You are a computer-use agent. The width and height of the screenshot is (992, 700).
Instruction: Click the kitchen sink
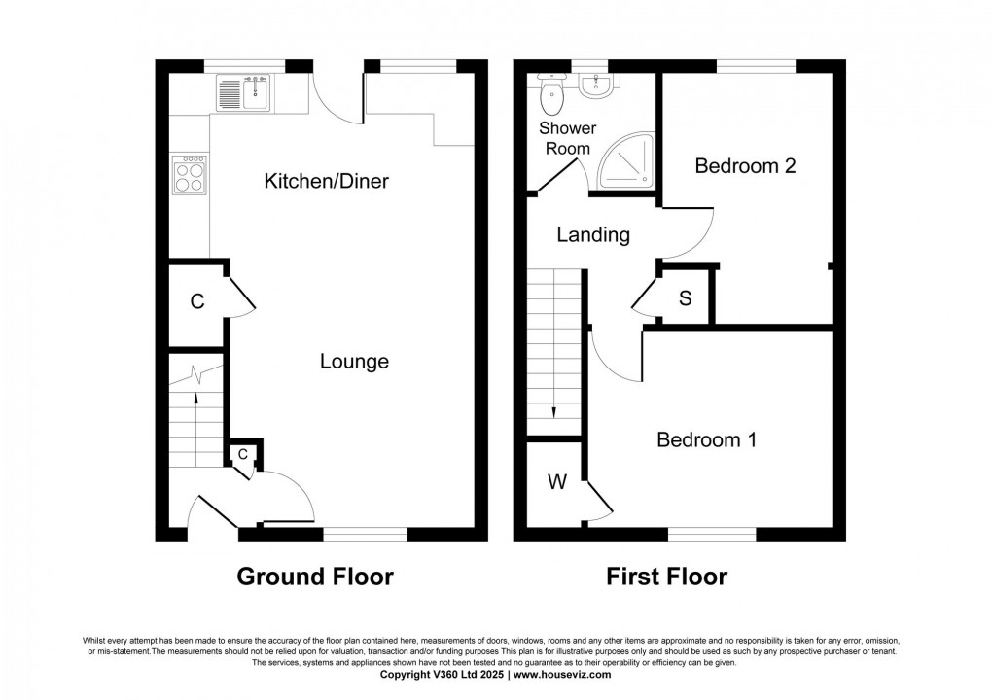243,92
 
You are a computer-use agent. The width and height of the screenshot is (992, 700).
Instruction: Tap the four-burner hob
190,174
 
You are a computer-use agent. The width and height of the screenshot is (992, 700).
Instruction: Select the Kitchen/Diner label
326,182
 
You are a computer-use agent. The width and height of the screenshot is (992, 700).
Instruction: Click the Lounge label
354,362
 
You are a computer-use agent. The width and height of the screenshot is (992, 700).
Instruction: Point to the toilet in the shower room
551,93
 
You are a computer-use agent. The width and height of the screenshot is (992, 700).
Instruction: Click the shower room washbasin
595,87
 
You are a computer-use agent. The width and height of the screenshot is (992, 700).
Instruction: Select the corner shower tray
627,160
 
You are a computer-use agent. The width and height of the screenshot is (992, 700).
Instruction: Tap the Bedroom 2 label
745,165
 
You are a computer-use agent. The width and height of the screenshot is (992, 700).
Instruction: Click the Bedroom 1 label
706,439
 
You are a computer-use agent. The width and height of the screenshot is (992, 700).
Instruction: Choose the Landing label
593,235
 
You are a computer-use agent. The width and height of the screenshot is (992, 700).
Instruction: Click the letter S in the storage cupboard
686,298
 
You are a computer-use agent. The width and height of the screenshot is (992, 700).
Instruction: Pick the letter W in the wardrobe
557,482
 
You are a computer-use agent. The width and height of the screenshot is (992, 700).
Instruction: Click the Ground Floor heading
315,577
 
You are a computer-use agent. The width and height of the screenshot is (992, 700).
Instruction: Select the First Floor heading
667,577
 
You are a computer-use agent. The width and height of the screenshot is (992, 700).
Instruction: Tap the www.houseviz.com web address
562,675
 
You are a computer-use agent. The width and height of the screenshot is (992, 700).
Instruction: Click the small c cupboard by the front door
243,454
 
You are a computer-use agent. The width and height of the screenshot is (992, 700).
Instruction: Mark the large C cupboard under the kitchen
197,302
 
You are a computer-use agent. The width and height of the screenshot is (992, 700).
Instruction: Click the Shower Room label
568,138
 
